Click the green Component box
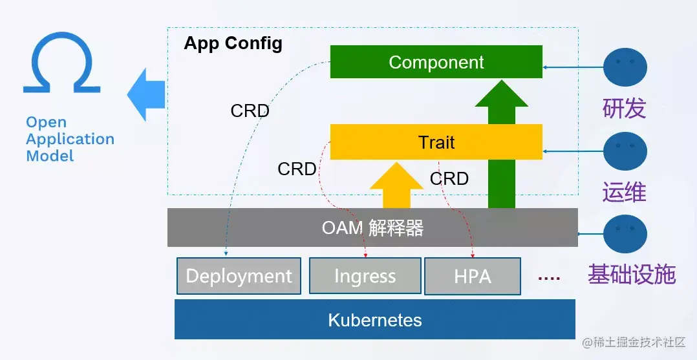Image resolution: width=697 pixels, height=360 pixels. pos(436,62)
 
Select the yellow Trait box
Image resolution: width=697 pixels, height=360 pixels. pos(436,142)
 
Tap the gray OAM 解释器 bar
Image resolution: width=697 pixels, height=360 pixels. pos(372,228)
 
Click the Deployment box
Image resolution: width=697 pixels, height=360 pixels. pos(239,276)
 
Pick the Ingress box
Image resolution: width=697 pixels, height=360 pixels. pos(365,276)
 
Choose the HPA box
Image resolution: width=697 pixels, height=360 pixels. pos(473,276)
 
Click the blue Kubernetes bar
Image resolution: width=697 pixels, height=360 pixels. pos(375,319)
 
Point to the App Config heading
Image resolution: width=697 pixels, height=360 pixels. pos(233,43)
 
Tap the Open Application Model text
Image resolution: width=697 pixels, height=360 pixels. pos(70,139)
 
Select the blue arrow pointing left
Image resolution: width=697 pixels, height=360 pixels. pos(146,94)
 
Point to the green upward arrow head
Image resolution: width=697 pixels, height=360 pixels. pos(502,93)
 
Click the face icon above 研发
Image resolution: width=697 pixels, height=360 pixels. pos(625,68)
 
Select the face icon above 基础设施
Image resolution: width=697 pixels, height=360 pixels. pos(625,234)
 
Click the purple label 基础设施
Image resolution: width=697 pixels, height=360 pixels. pos(632,274)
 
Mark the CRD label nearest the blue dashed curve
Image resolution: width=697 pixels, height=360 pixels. pos(250,111)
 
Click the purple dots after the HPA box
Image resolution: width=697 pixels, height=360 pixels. pos(549,278)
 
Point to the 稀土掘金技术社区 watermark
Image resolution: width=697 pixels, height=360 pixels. pos(634,342)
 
